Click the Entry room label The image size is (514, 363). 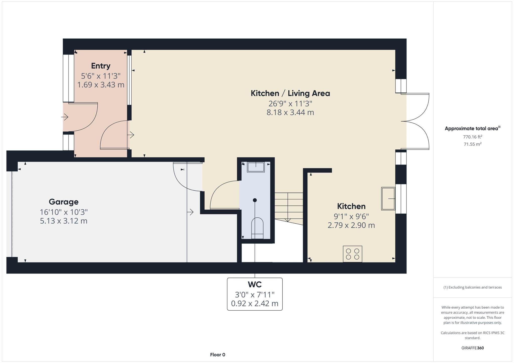coord(101,66)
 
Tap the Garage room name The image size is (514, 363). coord(63,202)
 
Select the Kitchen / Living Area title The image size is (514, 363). coord(290,93)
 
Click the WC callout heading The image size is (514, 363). coord(255,285)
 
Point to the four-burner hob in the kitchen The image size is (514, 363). coord(352,254)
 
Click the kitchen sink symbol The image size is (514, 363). coord(388,199)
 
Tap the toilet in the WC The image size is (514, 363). coord(257,228)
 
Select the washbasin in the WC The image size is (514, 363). coord(256,167)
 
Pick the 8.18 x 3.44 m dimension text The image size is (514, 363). coord(290,112)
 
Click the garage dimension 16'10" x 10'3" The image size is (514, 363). coord(64,212)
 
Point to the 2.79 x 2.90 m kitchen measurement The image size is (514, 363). coord(351,225)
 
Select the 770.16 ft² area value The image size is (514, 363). coord(473,137)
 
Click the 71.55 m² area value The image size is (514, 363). coord(473,144)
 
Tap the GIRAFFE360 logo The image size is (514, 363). coord(473,348)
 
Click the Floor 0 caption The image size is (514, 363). coord(218,355)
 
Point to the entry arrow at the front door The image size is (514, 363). coord(65,117)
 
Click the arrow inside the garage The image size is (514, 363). coord(190,212)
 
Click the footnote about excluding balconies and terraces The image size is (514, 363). coord(473,287)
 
